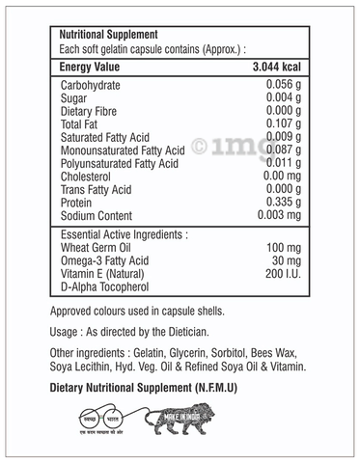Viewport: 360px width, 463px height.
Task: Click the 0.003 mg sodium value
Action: pos(281,216)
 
